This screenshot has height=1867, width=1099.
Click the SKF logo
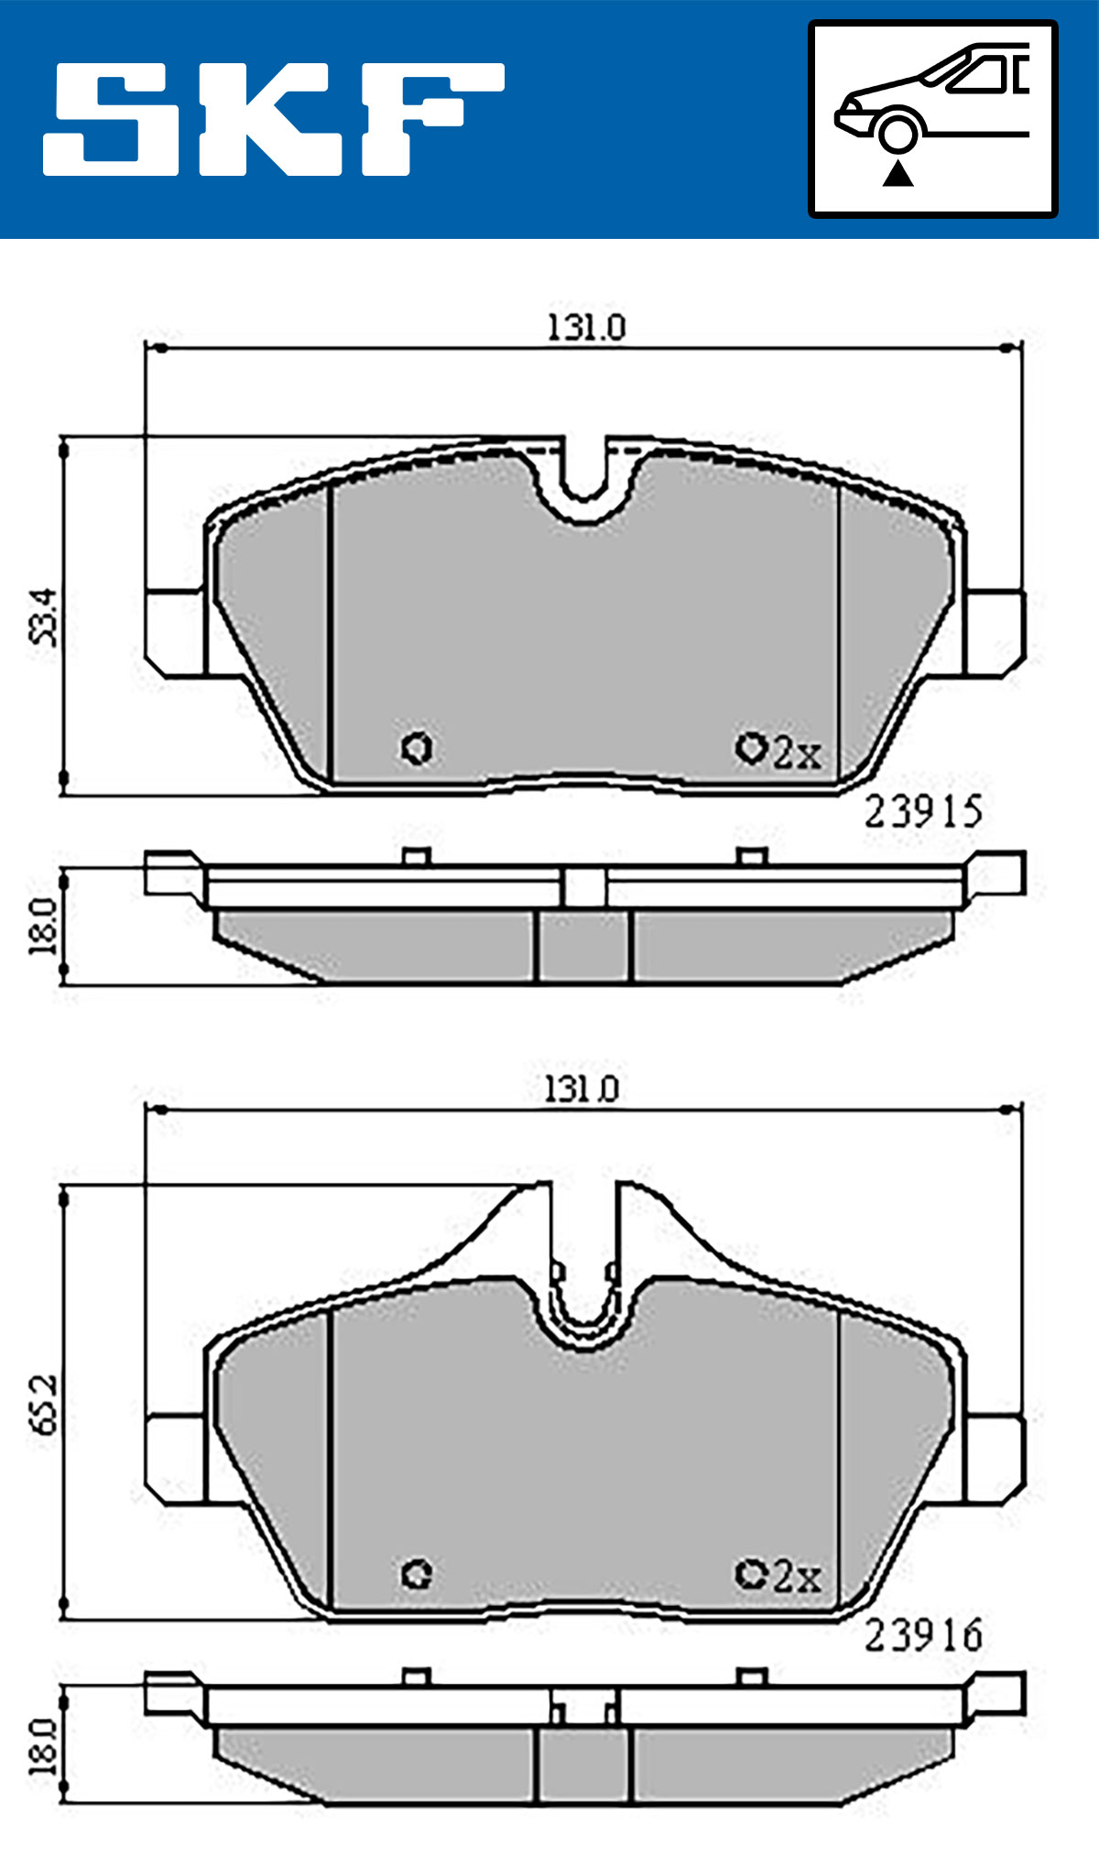(273, 118)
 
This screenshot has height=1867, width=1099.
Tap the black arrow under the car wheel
(898, 173)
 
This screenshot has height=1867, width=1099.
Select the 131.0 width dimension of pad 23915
(586, 327)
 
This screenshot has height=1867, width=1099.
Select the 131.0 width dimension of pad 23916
(582, 1089)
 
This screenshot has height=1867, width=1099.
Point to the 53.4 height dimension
(44, 617)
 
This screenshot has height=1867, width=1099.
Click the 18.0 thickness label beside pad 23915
(43, 926)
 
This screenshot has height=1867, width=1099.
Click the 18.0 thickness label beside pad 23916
(43, 1746)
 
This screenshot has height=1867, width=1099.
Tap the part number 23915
(923, 811)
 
